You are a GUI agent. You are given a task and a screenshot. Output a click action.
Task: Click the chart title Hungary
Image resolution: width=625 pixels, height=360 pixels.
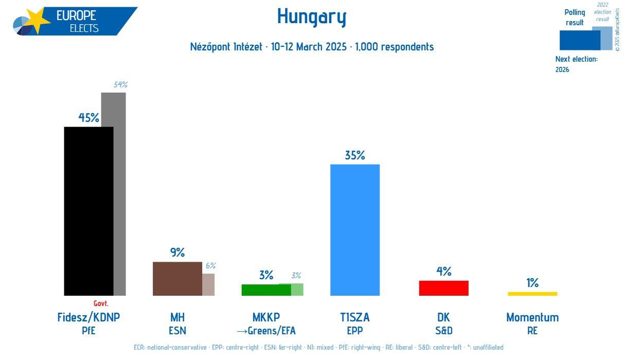point(312,17)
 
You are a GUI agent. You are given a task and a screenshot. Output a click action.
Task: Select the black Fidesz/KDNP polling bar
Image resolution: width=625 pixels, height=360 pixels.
point(88,211)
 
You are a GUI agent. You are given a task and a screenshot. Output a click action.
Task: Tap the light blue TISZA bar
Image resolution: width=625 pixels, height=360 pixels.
point(355,230)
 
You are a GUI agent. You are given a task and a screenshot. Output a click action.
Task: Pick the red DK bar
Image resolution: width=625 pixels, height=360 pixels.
point(443,288)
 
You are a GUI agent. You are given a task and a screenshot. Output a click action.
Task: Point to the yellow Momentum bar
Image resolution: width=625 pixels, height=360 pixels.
point(532,294)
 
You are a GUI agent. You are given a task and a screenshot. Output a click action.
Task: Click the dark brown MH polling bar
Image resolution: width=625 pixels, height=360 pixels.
point(177,279)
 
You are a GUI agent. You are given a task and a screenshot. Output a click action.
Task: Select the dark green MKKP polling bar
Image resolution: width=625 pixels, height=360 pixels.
point(266,290)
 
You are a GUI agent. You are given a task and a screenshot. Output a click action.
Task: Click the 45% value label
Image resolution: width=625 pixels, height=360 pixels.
point(88,118)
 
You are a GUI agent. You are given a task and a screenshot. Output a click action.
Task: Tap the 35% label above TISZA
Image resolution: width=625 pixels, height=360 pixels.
point(355,155)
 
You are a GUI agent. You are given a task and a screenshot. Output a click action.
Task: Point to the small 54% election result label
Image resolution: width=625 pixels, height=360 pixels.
point(120,85)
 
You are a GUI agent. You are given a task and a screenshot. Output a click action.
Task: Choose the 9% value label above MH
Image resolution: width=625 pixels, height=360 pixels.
point(177,253)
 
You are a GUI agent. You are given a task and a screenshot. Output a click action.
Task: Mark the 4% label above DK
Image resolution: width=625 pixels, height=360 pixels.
point(443,272)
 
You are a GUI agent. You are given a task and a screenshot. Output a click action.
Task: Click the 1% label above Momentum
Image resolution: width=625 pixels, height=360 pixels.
point(532,283)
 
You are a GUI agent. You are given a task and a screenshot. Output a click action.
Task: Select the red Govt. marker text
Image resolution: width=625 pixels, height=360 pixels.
point(101,303)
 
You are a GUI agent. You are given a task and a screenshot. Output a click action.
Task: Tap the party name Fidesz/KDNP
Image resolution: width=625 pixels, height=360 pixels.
point(88,317)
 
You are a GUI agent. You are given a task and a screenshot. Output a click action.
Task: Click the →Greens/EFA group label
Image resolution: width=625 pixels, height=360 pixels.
point(266,331)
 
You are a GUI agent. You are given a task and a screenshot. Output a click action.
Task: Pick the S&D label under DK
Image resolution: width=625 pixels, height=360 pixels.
point(443,331)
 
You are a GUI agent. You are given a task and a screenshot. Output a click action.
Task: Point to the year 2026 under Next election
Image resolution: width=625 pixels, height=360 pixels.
point(562,69)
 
